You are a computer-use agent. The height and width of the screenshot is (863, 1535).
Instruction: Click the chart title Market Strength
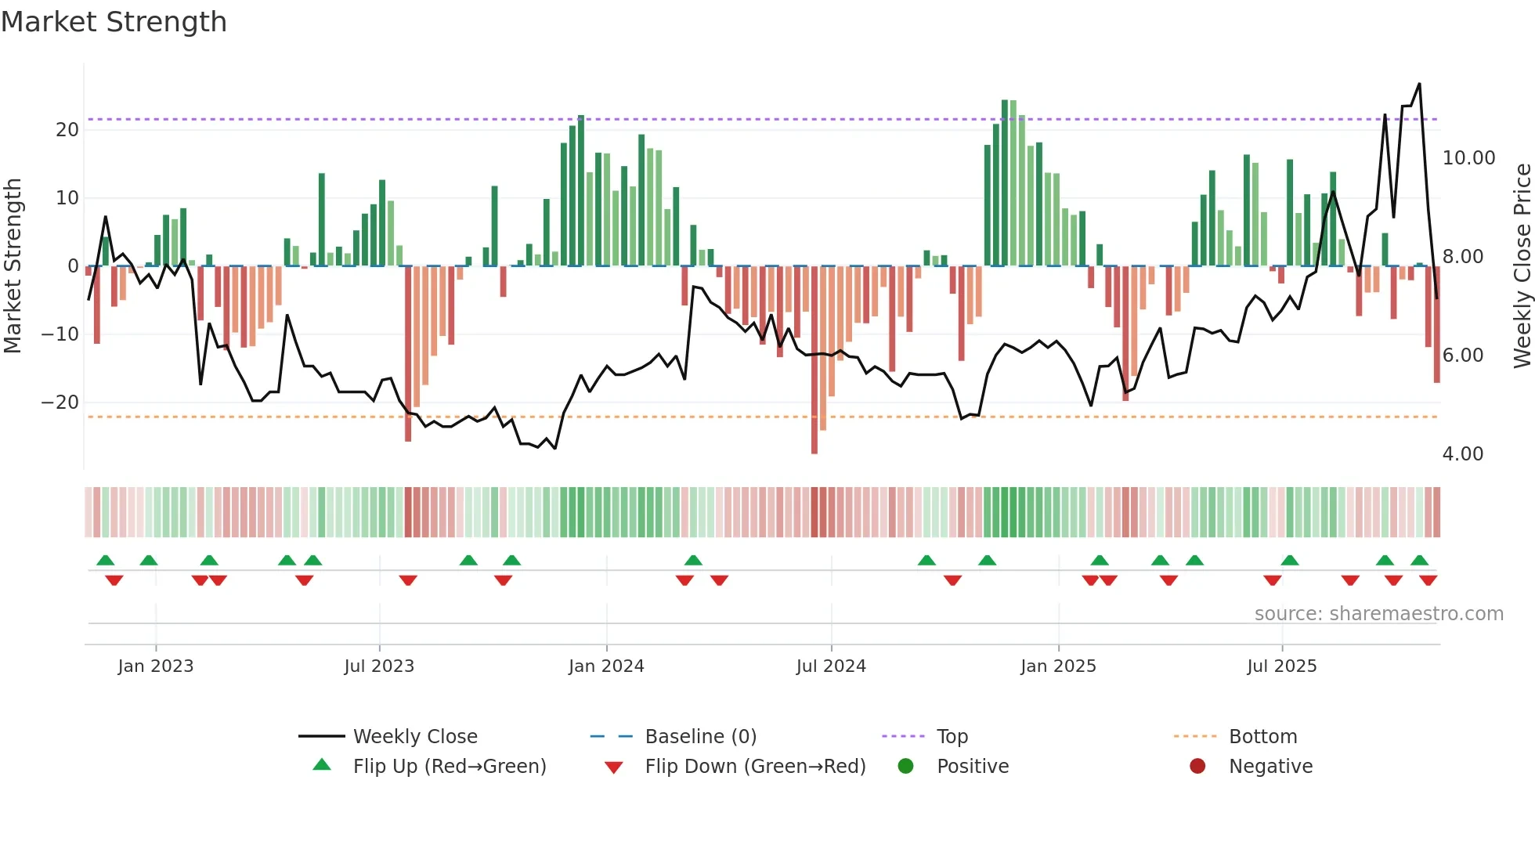pos(114,22)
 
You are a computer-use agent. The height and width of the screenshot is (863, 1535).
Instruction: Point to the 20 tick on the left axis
pos(67,130)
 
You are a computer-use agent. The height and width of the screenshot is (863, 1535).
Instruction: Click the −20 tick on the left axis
pos(60,403)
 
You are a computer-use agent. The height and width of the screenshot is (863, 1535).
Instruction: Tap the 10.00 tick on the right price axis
pos(1468,158)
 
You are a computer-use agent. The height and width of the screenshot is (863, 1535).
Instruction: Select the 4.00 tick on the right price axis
pos(1462,454)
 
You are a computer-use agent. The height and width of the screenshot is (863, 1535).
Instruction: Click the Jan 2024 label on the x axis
pos(606,666)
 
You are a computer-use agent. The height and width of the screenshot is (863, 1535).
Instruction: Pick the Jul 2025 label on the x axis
pos(1281,666)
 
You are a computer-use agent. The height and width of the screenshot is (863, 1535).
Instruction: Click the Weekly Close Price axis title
pos(1522,266)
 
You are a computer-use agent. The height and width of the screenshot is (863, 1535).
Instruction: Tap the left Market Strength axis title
pos(13,266)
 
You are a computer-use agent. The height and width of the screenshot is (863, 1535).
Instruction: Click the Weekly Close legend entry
pos(414,737)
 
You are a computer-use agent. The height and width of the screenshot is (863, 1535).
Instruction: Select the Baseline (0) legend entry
pos(700,737)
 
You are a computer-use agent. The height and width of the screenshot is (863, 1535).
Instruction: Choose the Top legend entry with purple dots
pos(952,737)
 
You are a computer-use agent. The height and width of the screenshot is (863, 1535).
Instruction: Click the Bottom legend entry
pos(1262,737)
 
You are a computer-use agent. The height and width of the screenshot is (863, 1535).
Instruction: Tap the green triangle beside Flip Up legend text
pos(322,765)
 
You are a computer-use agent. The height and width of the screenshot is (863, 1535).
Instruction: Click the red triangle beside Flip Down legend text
pos(614,767)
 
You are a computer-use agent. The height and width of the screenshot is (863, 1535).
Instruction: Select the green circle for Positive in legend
pos(905,766)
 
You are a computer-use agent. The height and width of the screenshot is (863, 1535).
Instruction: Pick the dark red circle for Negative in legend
pos(1197,766)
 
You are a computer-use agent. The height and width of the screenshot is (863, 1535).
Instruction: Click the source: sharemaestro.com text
pos(1378,614)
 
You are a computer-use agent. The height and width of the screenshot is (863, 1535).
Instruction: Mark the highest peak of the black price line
pos(1419,84)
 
